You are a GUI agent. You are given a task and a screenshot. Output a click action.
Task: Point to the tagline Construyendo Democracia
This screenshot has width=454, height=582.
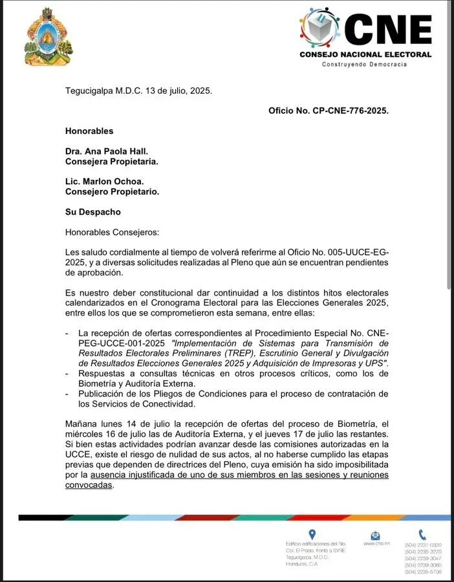pos(365,65)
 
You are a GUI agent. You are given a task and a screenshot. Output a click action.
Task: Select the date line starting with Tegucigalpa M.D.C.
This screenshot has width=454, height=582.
pos(138,91)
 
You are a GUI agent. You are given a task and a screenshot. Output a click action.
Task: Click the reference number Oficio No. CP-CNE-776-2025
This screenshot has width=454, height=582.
pos(329,111)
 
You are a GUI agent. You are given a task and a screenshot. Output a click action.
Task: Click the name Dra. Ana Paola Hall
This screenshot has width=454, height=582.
pos(102,151)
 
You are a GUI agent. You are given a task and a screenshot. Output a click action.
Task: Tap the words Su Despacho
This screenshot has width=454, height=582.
pos(92,211)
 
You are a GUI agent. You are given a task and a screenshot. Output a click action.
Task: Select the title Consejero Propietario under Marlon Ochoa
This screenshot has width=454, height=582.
pos(112,191)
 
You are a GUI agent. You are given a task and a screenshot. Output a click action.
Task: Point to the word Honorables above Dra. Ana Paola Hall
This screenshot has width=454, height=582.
pos(89,131)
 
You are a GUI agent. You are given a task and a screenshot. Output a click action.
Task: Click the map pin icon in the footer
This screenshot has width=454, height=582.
pos(312,534)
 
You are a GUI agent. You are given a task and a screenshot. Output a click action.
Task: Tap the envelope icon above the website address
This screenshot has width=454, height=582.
pos(376,535)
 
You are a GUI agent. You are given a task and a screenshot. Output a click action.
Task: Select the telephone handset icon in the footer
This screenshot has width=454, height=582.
pos(422,534)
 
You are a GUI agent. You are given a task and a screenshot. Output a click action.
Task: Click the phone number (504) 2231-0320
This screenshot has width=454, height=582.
pos(424,546)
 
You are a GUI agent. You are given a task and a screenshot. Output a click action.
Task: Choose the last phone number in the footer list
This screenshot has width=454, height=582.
pos(424,572)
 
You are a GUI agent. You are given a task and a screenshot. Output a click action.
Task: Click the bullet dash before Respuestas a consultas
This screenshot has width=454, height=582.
pos(68,373)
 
